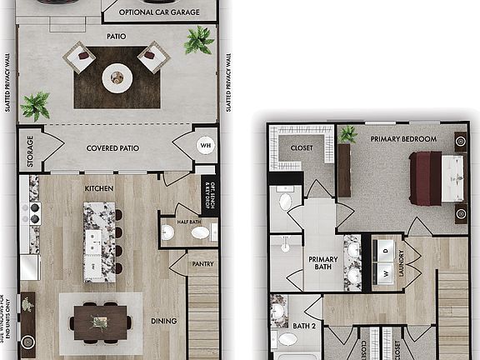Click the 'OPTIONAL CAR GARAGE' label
(158, 12)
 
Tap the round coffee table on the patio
(117, 78)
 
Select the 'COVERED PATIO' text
(113, 148)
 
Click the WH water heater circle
(205, 145)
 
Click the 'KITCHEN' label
(99, 188)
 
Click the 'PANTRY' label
(202, 264)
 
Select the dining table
(100, 322)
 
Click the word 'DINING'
(162, 319)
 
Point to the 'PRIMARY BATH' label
(323, 264)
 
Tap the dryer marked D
(386, 248)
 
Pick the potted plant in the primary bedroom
(348, 133)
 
